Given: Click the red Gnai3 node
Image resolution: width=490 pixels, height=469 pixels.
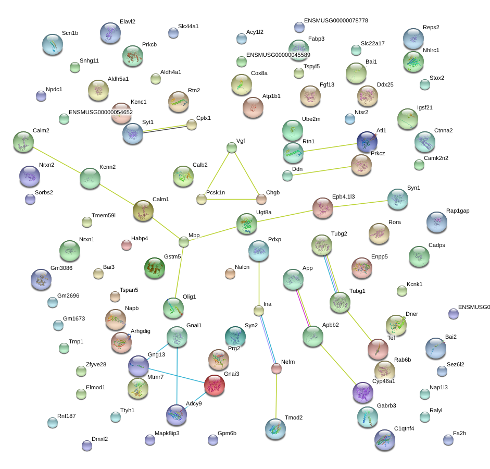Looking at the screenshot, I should (x=215, y=385).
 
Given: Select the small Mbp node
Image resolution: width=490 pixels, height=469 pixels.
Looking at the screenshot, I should (x=184, y=242).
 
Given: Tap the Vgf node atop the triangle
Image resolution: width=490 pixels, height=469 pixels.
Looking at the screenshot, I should (x=232, y=148).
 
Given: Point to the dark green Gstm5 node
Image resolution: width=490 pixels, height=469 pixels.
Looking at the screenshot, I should (x=154, y=268).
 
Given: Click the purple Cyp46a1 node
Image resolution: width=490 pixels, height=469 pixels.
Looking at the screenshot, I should (x=362, y=392).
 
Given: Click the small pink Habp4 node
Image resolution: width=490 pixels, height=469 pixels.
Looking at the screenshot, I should (x=126, y=245).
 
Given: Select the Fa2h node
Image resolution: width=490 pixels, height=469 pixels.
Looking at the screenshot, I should (x=448, y=440).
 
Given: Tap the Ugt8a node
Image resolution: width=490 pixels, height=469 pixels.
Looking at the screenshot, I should (x=246, y=224).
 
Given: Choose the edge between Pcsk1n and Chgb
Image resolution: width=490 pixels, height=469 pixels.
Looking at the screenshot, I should (x=231, y=199).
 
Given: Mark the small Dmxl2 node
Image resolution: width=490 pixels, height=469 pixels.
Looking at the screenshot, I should (x=87, y=445).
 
